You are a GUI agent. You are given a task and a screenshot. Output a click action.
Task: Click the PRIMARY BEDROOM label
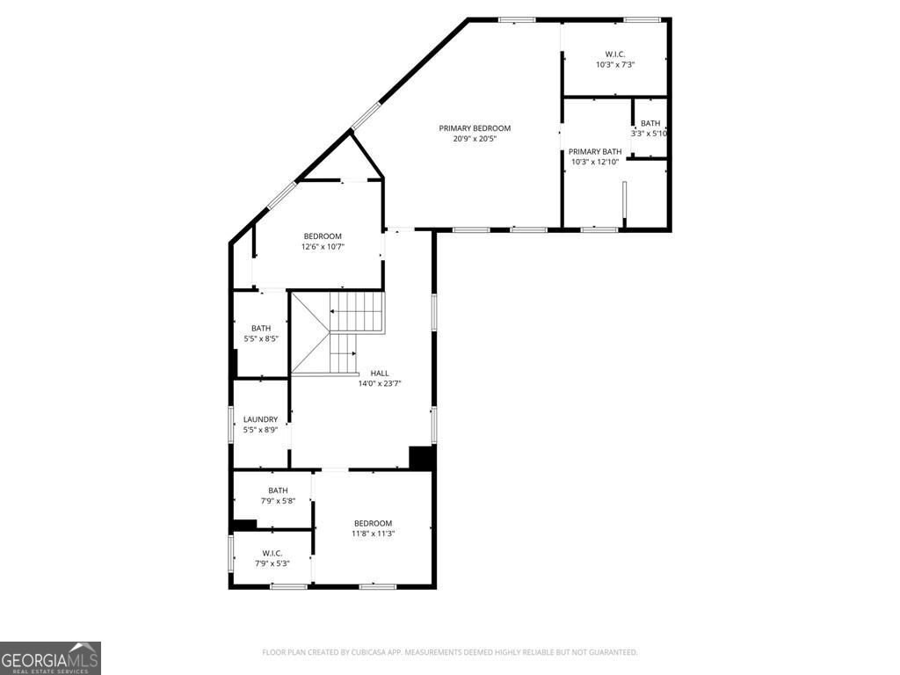pyautogui.click(x=475, y=128)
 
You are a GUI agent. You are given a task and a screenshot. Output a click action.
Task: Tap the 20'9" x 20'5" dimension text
pyautogui.click(x=475, y=139)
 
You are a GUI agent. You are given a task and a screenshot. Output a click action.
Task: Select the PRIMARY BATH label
pyautogui.click(x=595, y=151)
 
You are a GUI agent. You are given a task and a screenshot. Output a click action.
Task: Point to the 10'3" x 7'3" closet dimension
pyautogui.click(x=614, y=64)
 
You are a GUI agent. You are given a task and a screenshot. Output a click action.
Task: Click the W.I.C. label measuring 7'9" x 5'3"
pyautogui.click(x=272, y=553)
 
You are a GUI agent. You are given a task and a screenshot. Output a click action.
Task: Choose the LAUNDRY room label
pyautogui.click(x=260, y=419)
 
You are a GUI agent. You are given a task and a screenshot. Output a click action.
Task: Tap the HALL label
pyautogui.click(x=379, y=373)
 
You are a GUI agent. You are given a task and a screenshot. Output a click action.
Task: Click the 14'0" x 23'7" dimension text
pyautogui.click(x=379, y=383)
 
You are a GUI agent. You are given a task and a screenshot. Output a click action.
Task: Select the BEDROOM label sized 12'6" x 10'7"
pyautogui.click(x=323, y=236)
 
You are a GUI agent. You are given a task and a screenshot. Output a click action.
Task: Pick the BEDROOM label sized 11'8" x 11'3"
pyautogui.click(x=373, y=523)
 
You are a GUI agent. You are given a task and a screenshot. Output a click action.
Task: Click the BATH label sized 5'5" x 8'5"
pyautogui.click(x=260, y=328)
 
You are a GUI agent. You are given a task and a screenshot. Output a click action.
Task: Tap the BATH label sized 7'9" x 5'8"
pyautogui.click(x=278, y=490)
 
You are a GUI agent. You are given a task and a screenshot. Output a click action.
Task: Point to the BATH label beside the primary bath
pyautogui.click(x=650, y=123)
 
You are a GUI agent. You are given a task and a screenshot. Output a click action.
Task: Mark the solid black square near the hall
pyautogui.click(x=422, y=458)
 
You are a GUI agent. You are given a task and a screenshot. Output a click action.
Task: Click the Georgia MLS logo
pyautogui.click(x=50, y=657)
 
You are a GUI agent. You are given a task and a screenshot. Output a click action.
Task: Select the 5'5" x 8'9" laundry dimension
pyautogui.click(x=260, y=430)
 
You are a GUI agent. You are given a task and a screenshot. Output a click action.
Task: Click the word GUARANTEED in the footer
pyautogui.click(x=612, y=652)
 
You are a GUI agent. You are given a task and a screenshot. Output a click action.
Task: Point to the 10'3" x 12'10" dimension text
pyautogui.click(x=595, y=162)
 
